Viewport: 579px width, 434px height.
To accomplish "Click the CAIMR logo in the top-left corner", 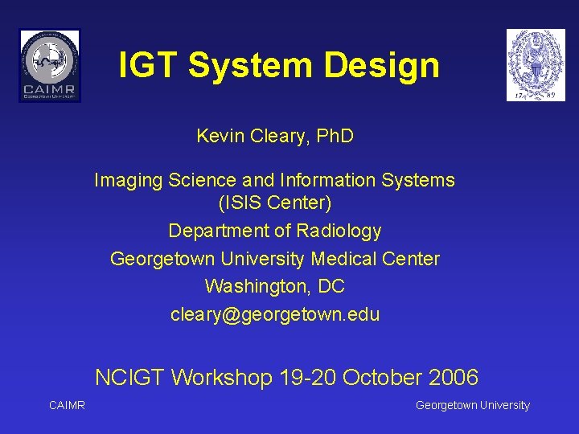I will (50, 65).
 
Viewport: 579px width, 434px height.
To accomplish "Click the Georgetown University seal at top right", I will (535, 65).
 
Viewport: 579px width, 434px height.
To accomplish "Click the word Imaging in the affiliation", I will (128, 180).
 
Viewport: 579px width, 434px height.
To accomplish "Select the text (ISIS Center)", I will (274, 203).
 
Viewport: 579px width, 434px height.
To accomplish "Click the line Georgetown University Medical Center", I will (274, 259).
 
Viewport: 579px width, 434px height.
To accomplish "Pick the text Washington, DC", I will (274, 286).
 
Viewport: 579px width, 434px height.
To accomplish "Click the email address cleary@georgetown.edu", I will (274, 314).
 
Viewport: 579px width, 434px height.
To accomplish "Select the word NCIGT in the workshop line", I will (129, 377).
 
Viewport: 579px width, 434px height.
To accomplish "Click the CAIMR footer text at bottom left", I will (67, 405).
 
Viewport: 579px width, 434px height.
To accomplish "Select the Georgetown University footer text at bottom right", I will (472, 405).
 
